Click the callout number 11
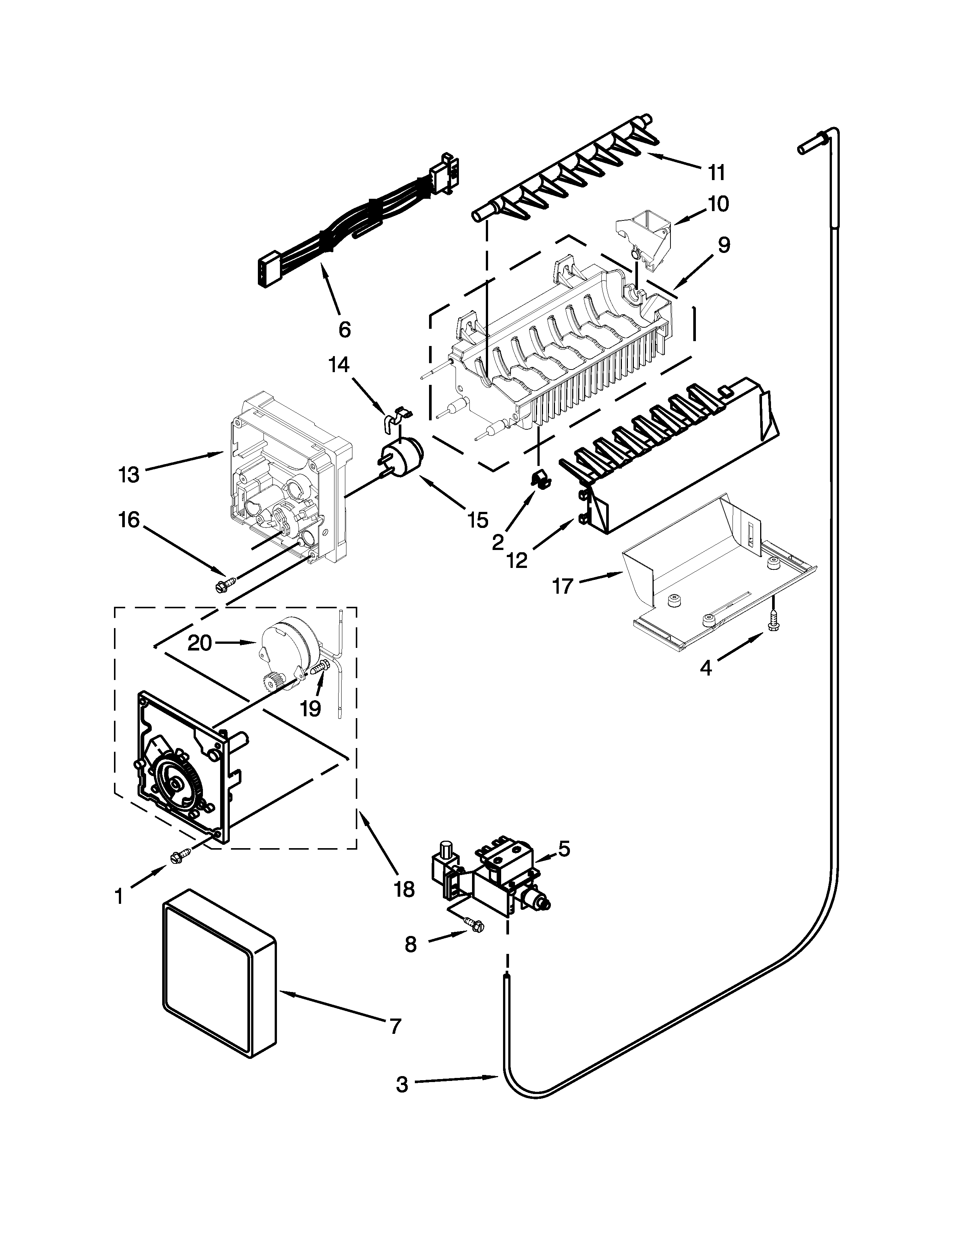pyautogui.click(x=716, y=172)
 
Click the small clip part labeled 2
pyautogui.click(x=540, y=479)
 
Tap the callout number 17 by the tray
pyautogui.click(x=562, y=587)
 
